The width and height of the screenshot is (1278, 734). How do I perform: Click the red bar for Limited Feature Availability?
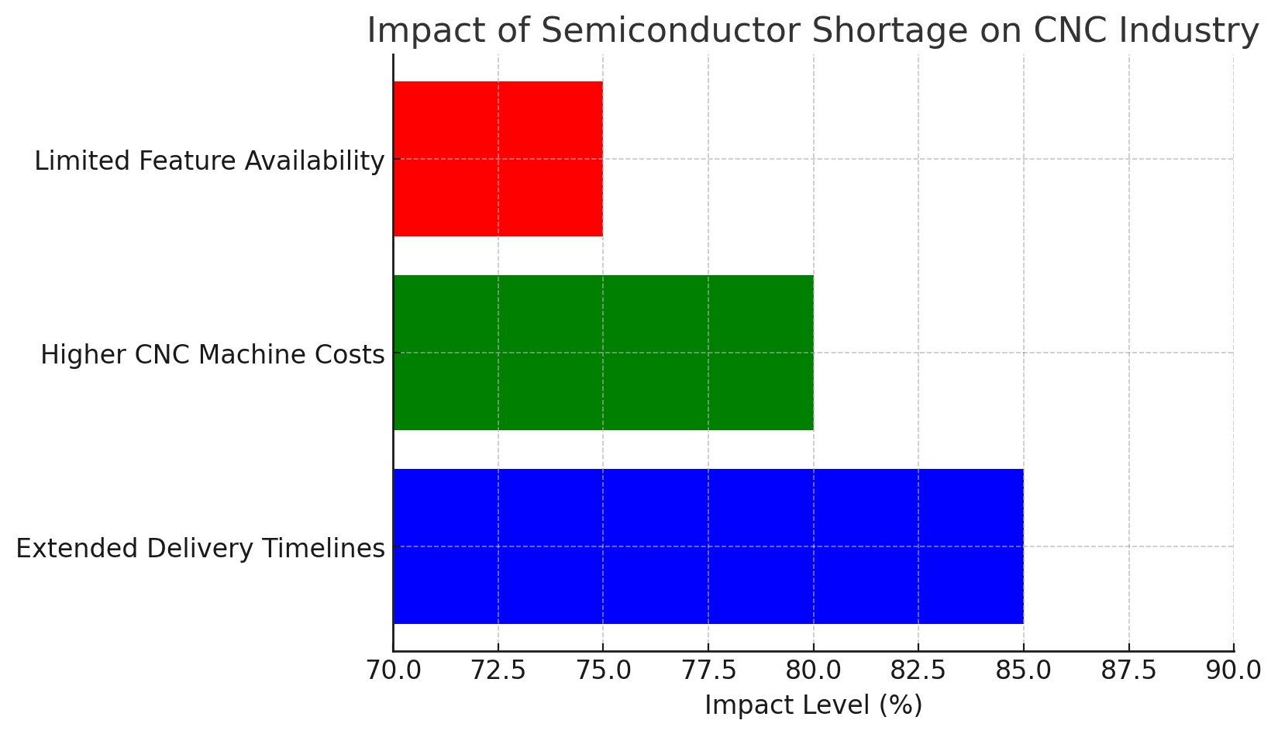click(498, 159)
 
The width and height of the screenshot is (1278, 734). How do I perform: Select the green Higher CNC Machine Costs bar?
click(603, 353)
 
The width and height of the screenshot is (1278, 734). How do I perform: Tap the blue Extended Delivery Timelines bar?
click(708, 546)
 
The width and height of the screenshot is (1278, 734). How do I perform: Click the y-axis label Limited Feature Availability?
click(209, 161)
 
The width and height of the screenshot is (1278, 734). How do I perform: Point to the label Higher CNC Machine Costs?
click(212, 355)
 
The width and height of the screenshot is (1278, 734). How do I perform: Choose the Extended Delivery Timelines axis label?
click(200, 549)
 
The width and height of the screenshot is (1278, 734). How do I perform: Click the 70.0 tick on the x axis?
click(393, 670)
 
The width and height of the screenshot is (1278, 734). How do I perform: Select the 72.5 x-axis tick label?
click(498, 670)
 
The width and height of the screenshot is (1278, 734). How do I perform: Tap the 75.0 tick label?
click(603, 670)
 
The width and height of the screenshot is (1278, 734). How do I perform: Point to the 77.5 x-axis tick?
click(708, 670)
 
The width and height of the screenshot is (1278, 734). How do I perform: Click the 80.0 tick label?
click(813, 670)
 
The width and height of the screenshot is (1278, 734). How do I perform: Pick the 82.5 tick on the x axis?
click(918, 670)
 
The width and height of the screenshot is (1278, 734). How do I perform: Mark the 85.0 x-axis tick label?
click(1023, 670)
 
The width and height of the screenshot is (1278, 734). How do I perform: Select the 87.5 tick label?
click(1128, 670)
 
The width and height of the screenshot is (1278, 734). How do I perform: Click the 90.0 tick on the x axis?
click(1233, 670)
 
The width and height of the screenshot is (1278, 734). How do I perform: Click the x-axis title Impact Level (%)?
click(813, 706)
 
